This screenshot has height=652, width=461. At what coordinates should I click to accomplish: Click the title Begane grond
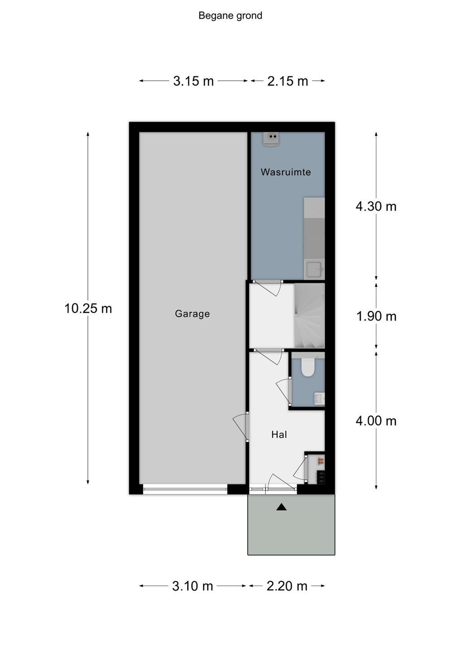(230, 16)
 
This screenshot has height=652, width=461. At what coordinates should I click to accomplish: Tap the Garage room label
(192, 314)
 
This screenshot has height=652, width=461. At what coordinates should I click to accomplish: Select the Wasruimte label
(286, 172)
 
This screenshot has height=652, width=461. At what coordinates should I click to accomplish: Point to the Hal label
(279, 435)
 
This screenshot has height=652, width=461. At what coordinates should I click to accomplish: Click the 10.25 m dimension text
(88, 308)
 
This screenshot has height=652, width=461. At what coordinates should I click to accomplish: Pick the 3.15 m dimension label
(193, 81)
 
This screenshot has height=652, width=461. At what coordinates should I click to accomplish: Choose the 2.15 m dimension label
(288, 81)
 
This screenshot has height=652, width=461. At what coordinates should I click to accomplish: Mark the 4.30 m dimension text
(376, 206)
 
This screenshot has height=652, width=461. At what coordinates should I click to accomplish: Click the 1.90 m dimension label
(376, 316)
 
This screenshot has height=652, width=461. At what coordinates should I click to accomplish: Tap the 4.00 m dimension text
(376, 421)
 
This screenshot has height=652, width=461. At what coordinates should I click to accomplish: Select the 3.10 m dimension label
(192, 585)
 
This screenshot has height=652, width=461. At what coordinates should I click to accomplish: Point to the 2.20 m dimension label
(287, 585)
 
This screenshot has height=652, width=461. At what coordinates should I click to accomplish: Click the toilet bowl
(307, 366)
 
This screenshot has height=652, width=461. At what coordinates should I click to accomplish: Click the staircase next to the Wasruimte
(309, 316)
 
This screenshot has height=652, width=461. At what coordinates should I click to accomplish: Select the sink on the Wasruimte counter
(314, 270)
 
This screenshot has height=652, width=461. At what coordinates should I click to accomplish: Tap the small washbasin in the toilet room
(320, 398)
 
